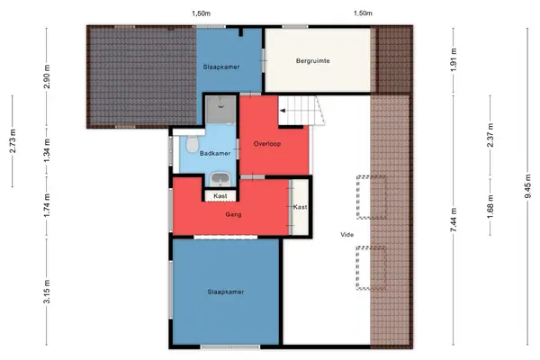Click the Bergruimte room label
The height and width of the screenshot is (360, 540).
pyautogui.click(x=312, y=61)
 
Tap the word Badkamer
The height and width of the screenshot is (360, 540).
pyautogui.click(x=215, y=153)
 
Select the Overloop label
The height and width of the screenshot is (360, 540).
pyautogui.click(x=267, y=144)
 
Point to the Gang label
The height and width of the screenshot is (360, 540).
pyautogui.click(x=233, y=214)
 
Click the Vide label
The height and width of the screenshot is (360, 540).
pyautogui.click(x=346, y=235)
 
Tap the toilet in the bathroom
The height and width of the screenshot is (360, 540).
pyautogui.click(x=192, y=144)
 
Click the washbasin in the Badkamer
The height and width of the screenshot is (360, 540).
pyautogui.click(x=220, y=179)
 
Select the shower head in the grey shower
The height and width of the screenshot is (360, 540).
pyautogui.click(x=220, y=103)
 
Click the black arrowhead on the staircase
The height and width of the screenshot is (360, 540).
pyautogui.click(x=283, y=111)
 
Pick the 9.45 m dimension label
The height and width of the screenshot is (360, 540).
pyautogui.click(x=527, y=186)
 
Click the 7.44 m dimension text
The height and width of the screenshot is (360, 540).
pyautogui.click(x=454, y=220)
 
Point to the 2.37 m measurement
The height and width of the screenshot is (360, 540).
pyautogui.click(x=490, y=135)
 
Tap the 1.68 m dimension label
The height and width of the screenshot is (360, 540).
pyautogui.click(x=490, y=206)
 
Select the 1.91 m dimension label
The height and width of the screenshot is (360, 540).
pyautogui.click(x=454, y=60)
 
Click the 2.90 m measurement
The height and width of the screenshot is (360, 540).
pyautogui.click(x=47, y=76)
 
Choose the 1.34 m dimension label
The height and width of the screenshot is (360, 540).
pyautogui.click(x=47, y=150)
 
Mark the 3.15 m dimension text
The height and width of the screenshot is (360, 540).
pyautogui.click(x=47, y=292)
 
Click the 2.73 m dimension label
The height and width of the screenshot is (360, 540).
pyautogui.click(x=13, y=141)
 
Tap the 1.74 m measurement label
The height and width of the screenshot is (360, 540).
pyautogui.click(x=47, y=205)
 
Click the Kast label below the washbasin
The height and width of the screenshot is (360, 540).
pyautogui.click(x=220, y=195)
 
